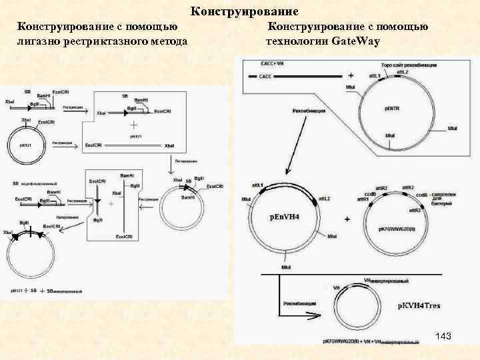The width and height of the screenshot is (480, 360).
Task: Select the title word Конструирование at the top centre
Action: pyautogui.click(x=245, y=11)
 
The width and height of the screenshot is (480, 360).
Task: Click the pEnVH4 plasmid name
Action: pyautogui.click(x=285, y=217)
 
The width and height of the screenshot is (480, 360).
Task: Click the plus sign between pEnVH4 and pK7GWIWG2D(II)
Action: pyautogui.click(x=347, y=219)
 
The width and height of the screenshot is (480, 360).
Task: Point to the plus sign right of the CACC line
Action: pyautogui.click(x=351, y=75)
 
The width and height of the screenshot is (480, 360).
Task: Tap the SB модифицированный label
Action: pyautogui.click(x=37, y=183)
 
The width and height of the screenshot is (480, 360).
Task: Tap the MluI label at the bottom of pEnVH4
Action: pyautogui.click(x=285, y=267)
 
